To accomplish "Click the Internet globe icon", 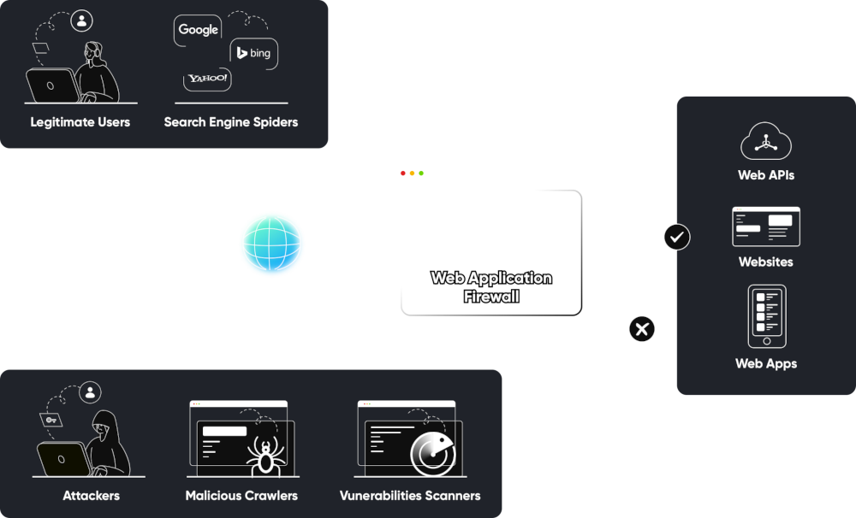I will click(271, 244).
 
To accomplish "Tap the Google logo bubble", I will click(199, 30).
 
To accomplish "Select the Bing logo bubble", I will click(254, 53).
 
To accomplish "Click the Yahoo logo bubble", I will click(208, 79).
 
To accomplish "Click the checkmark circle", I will click(676, 237).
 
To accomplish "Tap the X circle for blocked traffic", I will click(642, 328).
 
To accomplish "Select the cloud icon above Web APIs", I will click(765, 142).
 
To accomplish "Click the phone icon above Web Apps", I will click(766, 316).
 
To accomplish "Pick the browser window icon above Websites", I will click(765, 227).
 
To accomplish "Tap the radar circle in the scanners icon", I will click(431, 453).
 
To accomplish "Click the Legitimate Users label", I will click(80, 122).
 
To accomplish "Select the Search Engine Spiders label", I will click(231, 122).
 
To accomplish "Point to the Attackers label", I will click(91, 496).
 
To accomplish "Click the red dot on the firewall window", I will click(403, 174).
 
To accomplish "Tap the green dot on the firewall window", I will click(421, 174).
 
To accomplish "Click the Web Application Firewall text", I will click(491, 287).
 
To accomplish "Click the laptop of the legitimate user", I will click(53, 86).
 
